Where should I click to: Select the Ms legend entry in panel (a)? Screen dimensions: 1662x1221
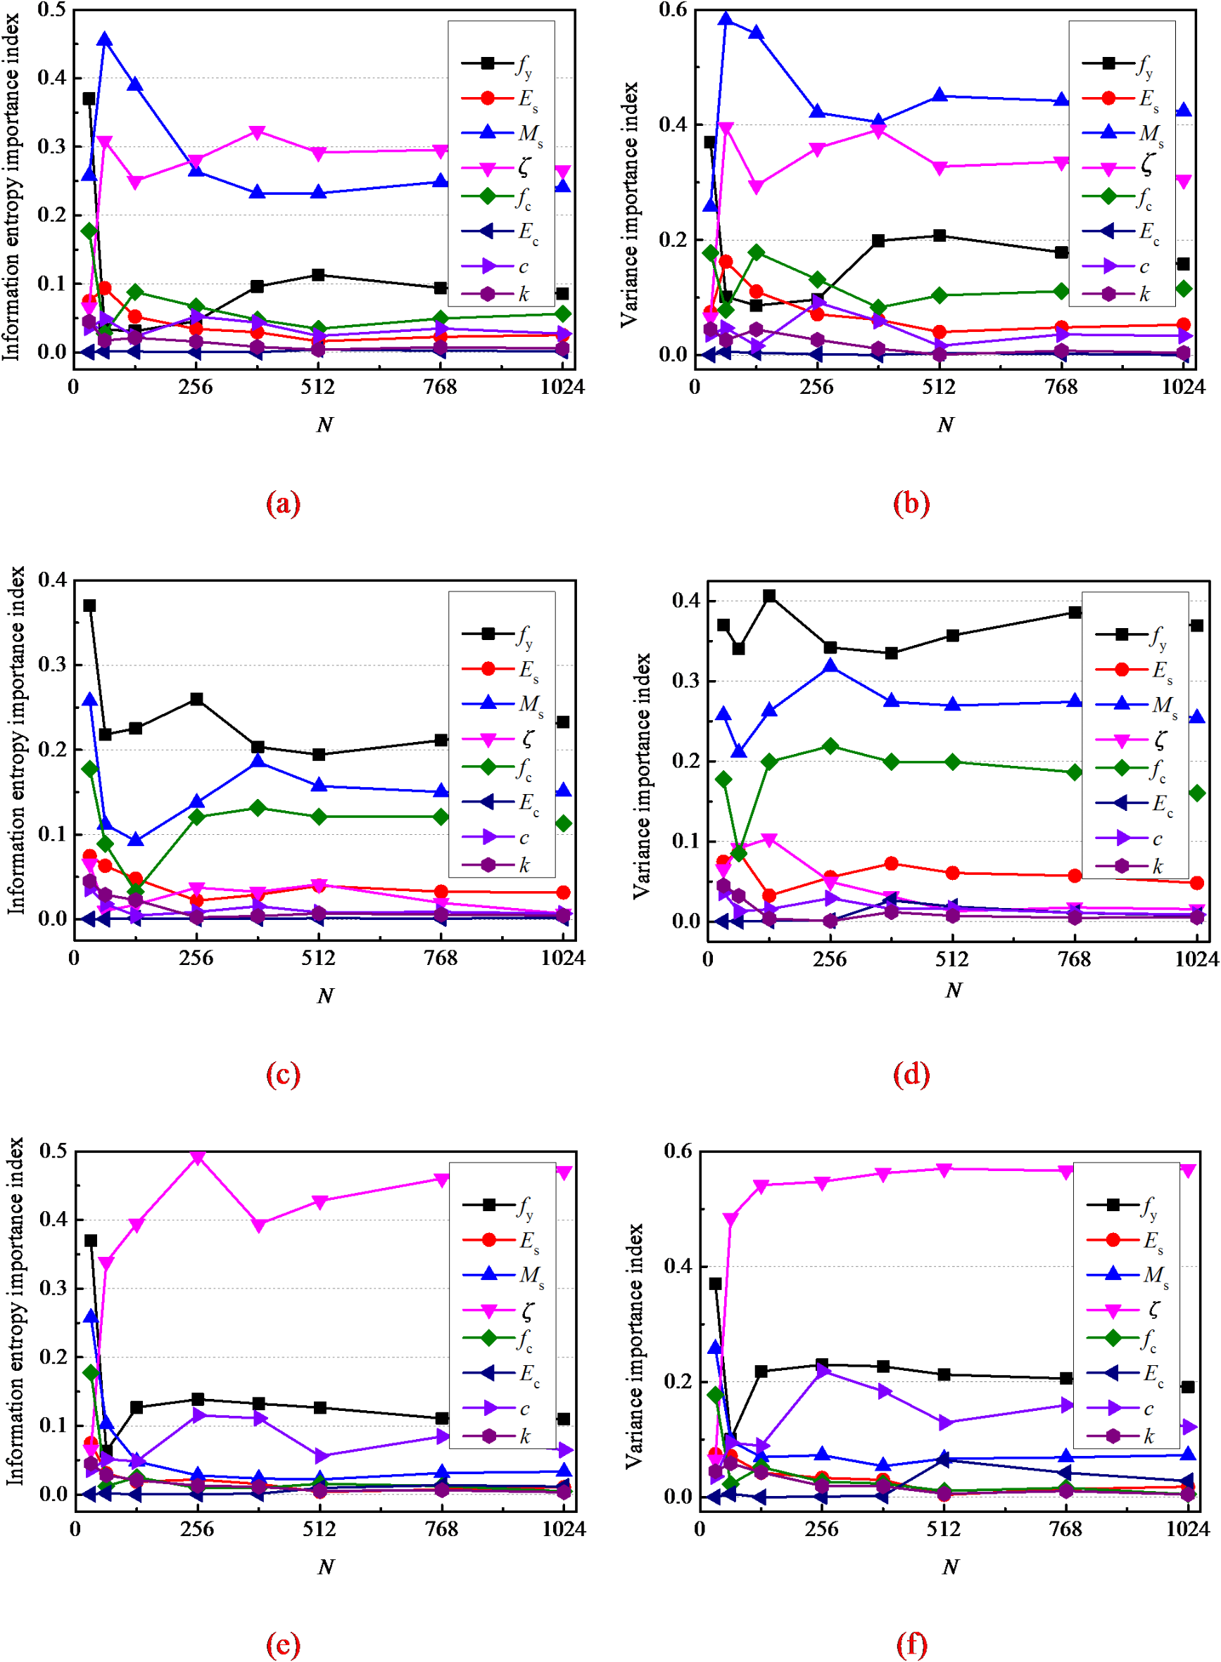[502, 133]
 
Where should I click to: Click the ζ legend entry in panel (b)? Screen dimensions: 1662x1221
[1123, 167]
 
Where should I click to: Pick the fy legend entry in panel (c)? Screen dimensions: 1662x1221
[502, 634]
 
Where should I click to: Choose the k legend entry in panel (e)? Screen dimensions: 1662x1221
[502, 1436]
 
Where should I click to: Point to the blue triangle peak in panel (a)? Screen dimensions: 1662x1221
[105, 39]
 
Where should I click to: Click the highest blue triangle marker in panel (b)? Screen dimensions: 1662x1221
[726, 19]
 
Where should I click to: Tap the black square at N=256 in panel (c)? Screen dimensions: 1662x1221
[196, 699]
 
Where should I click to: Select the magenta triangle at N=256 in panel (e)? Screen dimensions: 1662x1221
[197, 1158]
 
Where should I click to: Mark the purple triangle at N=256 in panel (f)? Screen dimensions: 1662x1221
[821, 1371]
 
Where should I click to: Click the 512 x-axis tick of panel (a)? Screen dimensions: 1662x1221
[318, 387]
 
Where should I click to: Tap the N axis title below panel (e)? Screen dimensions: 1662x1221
[326, 1567]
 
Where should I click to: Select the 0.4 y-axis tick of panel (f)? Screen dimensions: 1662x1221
[677, 1266]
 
